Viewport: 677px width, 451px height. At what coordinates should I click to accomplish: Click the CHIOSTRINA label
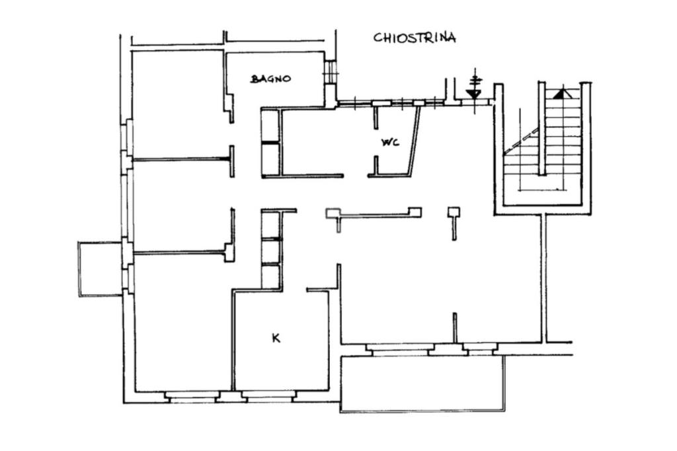[415, 38]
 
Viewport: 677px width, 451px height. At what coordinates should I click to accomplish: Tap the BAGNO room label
[270, 79]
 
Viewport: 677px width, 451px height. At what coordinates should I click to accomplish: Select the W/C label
[390, 142]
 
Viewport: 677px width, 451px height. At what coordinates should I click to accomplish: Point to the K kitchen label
[276, 339]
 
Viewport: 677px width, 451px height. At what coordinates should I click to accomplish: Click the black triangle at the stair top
[560, 93]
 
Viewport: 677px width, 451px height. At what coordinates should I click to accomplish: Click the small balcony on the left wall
[100, 269]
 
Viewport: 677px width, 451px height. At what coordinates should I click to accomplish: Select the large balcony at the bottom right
[422, 384]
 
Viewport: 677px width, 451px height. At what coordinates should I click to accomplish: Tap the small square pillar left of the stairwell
[454, 212]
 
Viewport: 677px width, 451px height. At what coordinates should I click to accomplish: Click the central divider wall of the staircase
[542, 129]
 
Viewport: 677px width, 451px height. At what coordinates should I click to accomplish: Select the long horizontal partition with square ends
[374, 213]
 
